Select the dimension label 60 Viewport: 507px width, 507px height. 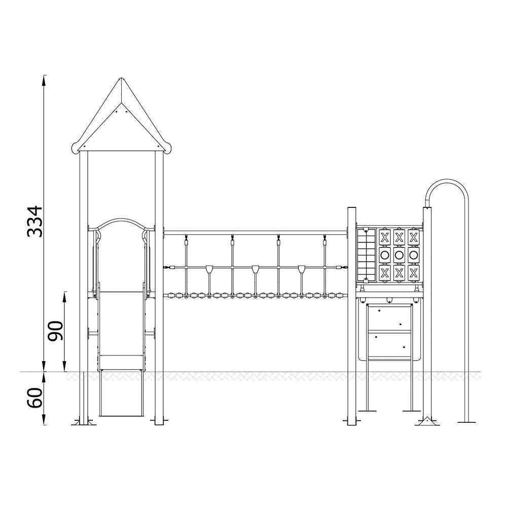(35, 397)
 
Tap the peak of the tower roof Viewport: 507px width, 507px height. (122, 79)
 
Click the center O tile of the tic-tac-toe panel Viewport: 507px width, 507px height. (399, 255)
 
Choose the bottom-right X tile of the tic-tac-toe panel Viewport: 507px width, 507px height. (414, 273)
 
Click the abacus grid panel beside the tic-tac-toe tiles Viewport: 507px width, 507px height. (366, 255)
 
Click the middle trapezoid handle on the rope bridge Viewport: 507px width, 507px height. (256, 269)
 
